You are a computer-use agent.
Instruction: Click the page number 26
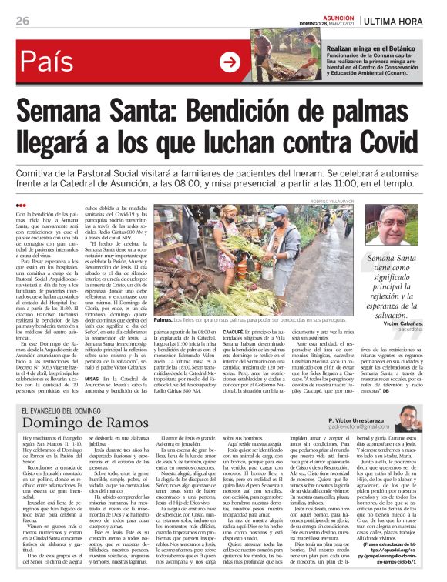tap(22, 22)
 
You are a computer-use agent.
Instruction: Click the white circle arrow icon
tap(230, 62)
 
